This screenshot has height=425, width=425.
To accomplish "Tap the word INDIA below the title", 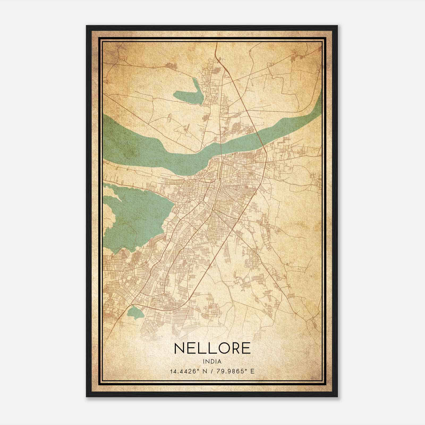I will [x=212, y=362].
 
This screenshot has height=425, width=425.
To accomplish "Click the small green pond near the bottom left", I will [x=135, y=313].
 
